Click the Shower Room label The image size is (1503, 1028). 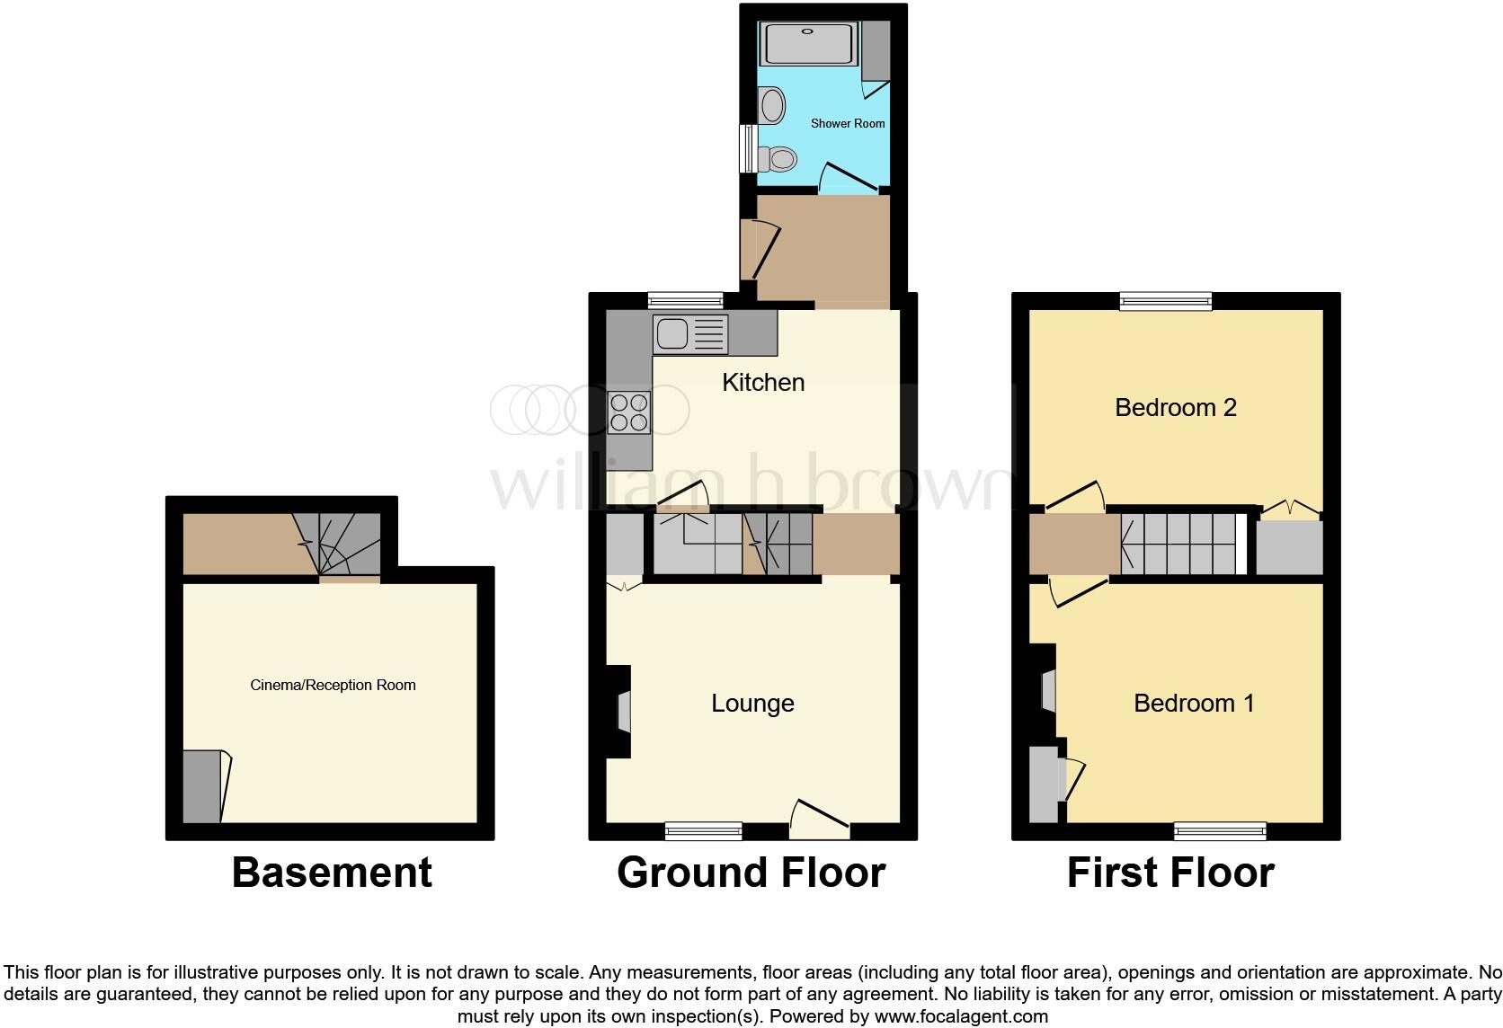848,123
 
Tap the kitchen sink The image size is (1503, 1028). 689,334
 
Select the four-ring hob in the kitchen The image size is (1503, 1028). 629,412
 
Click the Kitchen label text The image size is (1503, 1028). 763,382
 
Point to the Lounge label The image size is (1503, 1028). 752,703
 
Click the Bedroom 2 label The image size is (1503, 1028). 1175,407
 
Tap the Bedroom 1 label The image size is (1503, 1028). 1193,703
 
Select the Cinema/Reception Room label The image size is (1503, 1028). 333,685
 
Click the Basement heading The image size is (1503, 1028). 332,873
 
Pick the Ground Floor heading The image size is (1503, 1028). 751,873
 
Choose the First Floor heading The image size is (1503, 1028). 1170,873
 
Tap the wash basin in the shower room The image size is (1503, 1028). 770,106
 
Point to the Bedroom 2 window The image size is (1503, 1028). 1165,302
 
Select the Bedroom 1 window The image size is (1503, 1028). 1220,831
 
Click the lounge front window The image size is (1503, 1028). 704,831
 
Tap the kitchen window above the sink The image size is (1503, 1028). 686,302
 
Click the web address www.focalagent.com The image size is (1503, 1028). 960,1017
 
